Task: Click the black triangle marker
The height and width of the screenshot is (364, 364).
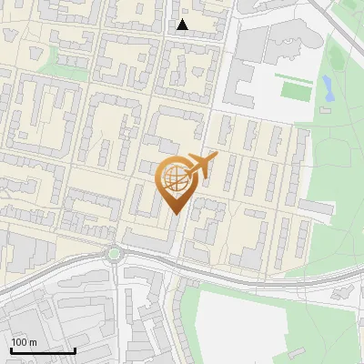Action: pyautogui.click(x=183, y=25)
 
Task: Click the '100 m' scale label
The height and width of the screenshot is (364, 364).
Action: pyautogui.click(x=24, y=342)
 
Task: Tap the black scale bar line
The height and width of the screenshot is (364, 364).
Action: pyautogui.click(x=43, y=350)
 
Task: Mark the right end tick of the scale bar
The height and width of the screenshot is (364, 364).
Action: pyautogui.click(x=75, y=349)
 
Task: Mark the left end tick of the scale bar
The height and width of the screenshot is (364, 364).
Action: pyautogui.click(x=11, y=349)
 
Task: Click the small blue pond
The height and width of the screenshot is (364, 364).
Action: pyautogui.click(x=326, y=87)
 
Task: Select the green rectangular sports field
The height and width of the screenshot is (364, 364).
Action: pyautogui.click(x=296, y=91)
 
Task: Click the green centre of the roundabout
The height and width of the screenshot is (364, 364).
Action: pyautogui.click(x=114, y=254)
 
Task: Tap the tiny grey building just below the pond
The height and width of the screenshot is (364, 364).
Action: pyautogui.click(x=324, y=110)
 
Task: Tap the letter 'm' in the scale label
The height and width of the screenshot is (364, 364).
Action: pyautogui.click(x=34, y=342)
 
